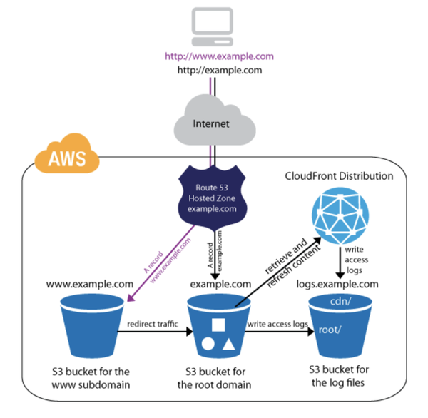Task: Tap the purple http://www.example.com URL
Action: click(x=219, y=56)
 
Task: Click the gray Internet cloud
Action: click(x=212, y=123)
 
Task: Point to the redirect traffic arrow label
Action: click(x=152, y=323)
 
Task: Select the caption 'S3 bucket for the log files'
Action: click(x=343, y=375)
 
